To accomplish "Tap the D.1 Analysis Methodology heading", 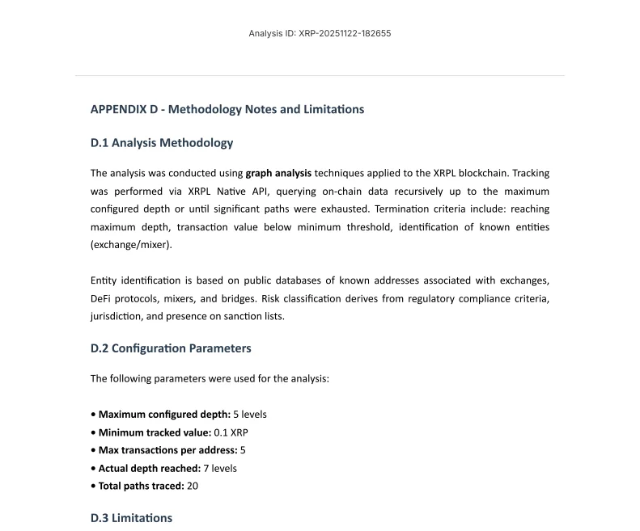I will [x=162, y=143].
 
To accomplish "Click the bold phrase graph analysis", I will [x=278, y=173].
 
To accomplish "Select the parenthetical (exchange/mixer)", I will [x=131, y=245].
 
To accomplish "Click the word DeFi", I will [x=103, y=298].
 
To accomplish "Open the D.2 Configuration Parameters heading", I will [x=171, y=348].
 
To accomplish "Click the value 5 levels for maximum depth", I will [x=250, y=415].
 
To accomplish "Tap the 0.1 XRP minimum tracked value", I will [x=231, y=432].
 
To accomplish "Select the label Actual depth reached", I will [x=150, y=468].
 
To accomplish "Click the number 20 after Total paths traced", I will [x=193, y=486].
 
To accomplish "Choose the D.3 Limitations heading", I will [x=131, y=518].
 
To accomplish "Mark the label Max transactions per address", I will [x=167, y=450].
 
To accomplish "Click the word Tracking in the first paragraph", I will [x=531, y=173].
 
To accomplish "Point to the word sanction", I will [x=240, y=316].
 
